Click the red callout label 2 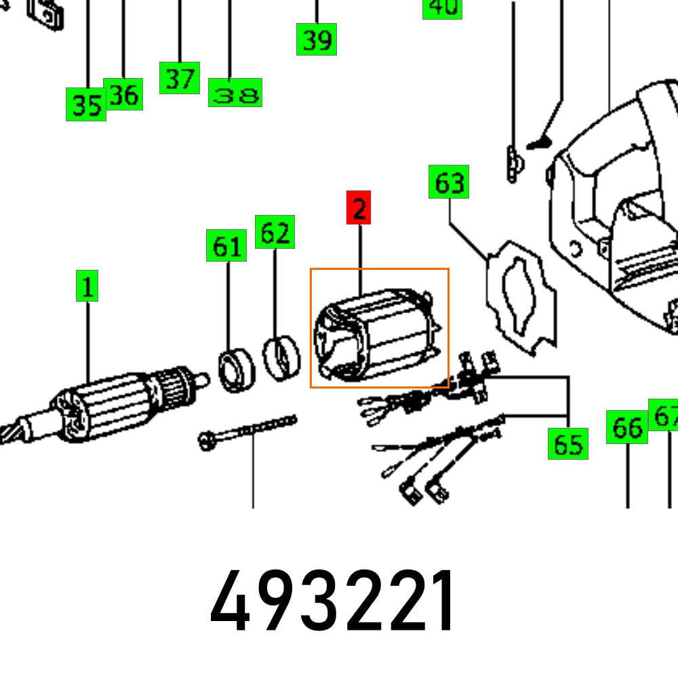click(359, 208)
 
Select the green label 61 click(226, 245)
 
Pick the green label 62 click(275, 232)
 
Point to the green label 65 click(568, 443)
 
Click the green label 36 click(123, 94)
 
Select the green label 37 click(180, 78)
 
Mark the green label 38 click(235, 94)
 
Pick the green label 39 click(317, 39)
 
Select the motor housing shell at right click(617, 203)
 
